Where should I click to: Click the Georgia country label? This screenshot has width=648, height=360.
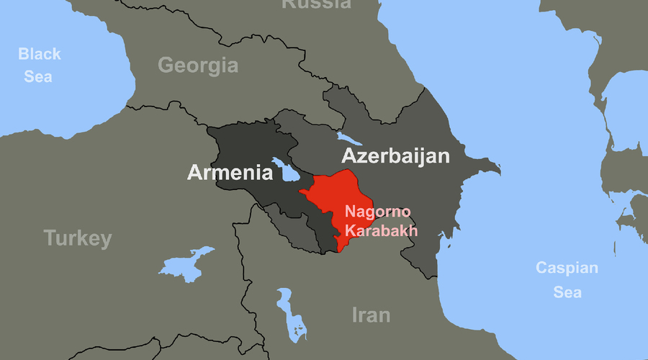(x=198, y=66)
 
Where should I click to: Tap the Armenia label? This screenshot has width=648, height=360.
(x=230, y=173)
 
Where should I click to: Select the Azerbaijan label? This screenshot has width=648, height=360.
(x=395, y=156)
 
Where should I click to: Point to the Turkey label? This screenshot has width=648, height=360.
(x=78, y=238)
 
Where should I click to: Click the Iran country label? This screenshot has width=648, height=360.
(x=371, y=315)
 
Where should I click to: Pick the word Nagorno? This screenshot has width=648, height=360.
(x=377, y=212)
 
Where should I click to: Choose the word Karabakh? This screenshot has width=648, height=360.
(x=381, y=230)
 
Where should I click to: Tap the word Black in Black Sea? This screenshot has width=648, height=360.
(x=40, y=54)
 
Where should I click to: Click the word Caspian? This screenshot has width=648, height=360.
(x=567, y=269)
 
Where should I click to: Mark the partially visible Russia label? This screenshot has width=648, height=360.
(x=316, y=4)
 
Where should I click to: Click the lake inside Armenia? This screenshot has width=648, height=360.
(x=287, y=171)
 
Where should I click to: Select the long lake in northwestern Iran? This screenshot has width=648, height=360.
(x=290, y=313)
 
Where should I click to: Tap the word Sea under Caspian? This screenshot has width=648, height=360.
(x=567, y=292)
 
